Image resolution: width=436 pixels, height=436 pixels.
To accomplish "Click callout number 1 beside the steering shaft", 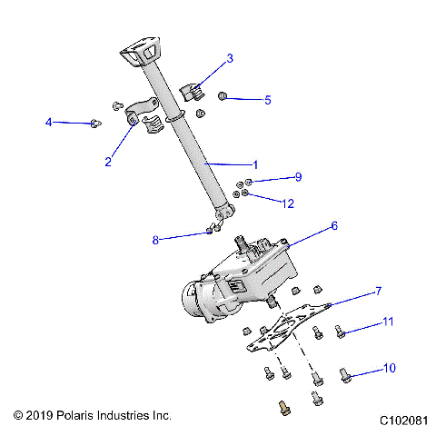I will (x=255, y=164).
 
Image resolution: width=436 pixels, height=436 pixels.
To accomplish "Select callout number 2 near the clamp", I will (x=108, y=162).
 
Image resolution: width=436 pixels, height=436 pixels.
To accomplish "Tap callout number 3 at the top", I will (x=230, y=58).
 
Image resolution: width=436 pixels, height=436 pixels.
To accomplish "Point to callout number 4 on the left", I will (x=50, y=121).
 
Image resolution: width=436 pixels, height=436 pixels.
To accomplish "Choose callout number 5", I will (x=267, y=100).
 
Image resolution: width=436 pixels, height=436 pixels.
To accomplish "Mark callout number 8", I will (x=155, y=240).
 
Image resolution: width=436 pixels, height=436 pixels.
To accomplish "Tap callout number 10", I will (x=390, y=369).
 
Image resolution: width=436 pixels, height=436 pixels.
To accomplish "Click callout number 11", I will (x=387, y=322).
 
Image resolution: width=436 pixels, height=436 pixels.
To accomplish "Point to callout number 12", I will (x=289, y=203).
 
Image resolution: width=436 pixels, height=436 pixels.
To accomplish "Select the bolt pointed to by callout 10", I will (x=345, y=372).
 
